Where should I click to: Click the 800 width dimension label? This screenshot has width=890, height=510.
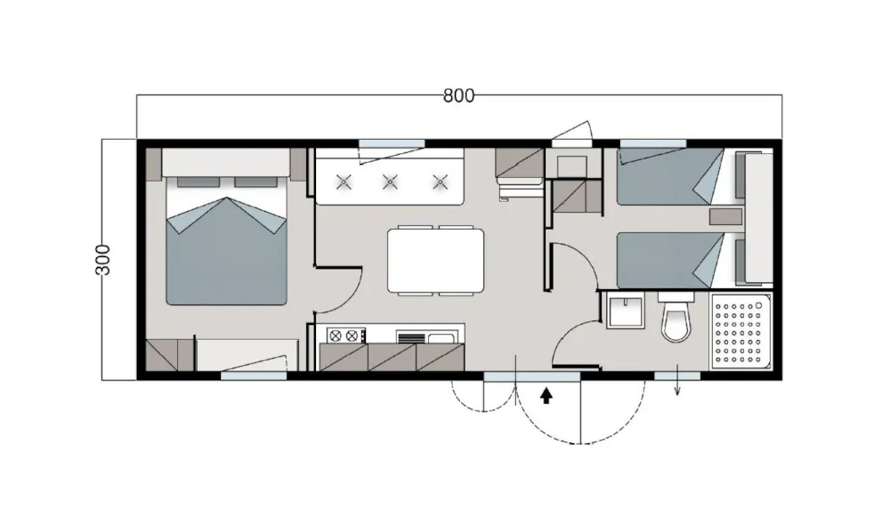pyautogui.click(x=458, y=96)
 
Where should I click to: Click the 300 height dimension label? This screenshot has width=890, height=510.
pyautogui.click(x=102, y=260)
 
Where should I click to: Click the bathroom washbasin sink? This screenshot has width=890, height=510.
pyautogui.click(x=625, y=312)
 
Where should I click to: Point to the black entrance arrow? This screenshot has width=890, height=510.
pyautogui.click(x=546, y=396)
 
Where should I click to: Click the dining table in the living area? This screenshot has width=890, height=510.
pyautogui.click(x=436, y=260)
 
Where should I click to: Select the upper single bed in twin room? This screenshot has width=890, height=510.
pyautogui.click(x=670, y=176)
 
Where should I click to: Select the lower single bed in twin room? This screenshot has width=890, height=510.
pyautogui.click(x=670, y=260)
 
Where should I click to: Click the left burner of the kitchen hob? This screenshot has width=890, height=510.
pyautogui.click(x=334, y=336)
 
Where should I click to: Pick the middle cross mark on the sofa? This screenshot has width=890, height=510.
pyautogui.click(x=390, y=182)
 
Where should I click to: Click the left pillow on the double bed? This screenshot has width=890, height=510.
pyautogui.click(x=198, y=182)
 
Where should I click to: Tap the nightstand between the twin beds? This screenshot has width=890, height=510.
pyautogui.click(x=725, y=216)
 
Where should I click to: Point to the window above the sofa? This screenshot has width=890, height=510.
pyautogui.click(x=392, y=143)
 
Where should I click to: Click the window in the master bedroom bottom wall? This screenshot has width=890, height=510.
pyautogui.click(x=254, y=376)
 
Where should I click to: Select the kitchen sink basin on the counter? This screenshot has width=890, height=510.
pyautogui.click(x=441, y=338)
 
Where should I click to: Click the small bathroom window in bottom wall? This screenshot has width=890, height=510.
pyautogui.click(x=677, y=376)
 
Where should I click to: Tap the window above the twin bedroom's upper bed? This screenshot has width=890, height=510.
pyautogui.click(x=653, y=143)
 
